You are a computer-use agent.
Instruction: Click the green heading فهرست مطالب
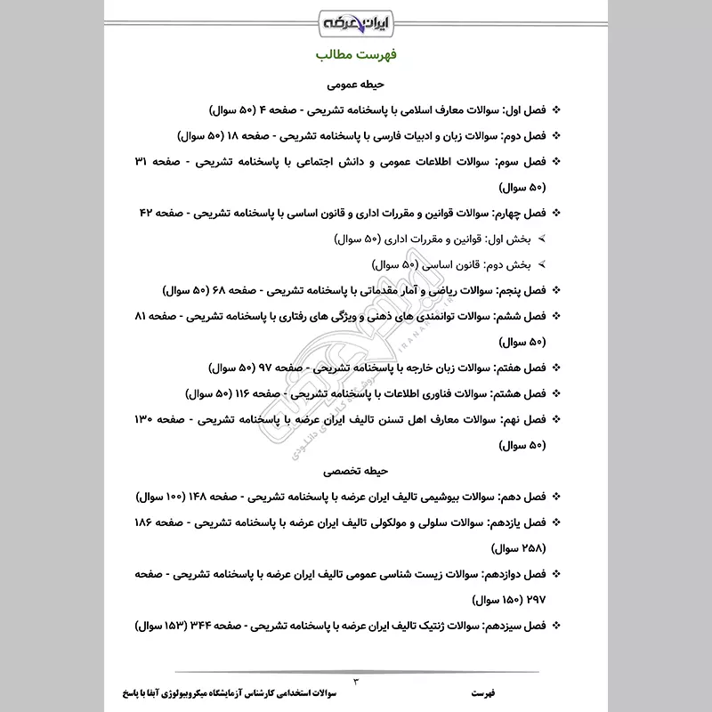click(355, 55)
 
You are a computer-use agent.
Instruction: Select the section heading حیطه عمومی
click(355, 86)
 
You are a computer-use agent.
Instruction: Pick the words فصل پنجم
click(521, 290)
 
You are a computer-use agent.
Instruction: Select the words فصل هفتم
click(521, 368)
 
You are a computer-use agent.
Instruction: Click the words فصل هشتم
click(520, 392)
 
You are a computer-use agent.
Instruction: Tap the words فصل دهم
click(522, 494)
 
